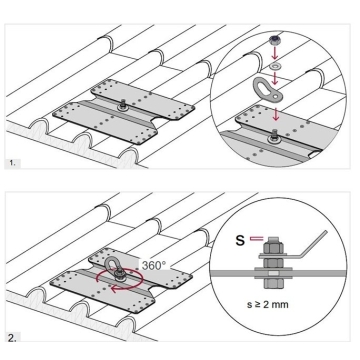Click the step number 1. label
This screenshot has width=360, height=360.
click(12, 163)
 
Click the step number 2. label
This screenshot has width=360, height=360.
click(12, 338)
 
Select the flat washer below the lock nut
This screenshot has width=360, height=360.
click(275, 66)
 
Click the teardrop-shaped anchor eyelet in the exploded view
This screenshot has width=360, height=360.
click(268, 89)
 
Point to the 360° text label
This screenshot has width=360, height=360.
click(154, 266)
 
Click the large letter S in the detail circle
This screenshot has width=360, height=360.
click(240, 240)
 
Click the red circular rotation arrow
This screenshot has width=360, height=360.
click(119, 278)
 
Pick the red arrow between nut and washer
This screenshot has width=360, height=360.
click(275, 54)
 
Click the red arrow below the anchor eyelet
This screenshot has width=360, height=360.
click(275, 113)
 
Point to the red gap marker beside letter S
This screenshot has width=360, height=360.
click(257, 238)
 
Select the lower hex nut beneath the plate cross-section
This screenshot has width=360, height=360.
click(273, 283)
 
